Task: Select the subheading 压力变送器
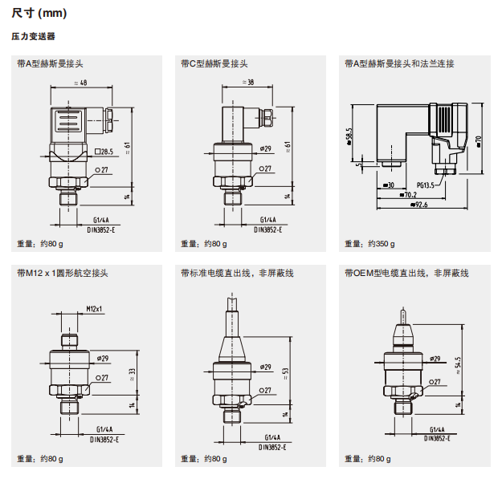pos(33,37)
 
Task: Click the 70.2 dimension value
pos(408,195)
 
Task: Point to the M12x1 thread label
pos(96,309)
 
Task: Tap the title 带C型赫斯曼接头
pos(214,63)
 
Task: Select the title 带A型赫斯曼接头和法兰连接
pos(399,63)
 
